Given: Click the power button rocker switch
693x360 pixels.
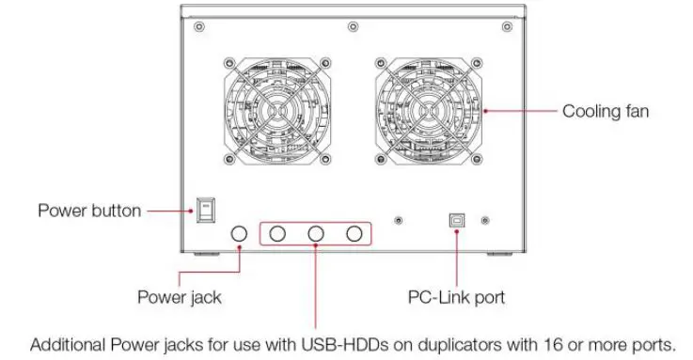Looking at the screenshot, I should pyautogui.click(x=204, y=210).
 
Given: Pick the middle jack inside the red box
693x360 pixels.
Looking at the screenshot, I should pyautogui.click(x=317, y=233).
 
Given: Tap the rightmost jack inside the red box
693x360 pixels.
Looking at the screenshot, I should pyautogui.click(x=354, y=233).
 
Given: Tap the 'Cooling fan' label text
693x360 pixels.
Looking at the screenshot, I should pyautogui.click(x=606, y=111).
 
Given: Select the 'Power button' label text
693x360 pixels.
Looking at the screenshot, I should pyautogui.click(x=89, y=210).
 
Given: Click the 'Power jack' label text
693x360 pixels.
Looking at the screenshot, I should pyautogui.click(x=180, y=297).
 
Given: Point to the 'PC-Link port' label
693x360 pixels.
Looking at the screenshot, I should pyautogui.click(x=456, y=297).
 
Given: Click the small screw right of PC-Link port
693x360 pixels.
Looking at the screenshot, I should pyautogui.click(x=484, y=221).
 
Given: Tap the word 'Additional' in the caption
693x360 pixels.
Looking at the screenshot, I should pyautogui.click(x=66, y=345).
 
